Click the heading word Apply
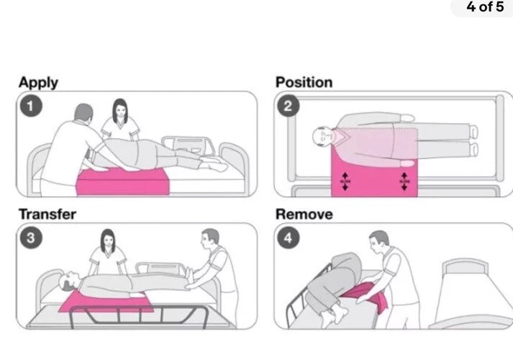point(38,82)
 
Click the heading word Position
point(304,82)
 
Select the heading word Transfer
point(47,214)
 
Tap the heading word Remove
point(304,214)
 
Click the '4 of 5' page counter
point(485,8)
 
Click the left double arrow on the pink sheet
point(344,181)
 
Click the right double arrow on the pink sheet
point(405,181)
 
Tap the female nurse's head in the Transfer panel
point(108,240)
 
